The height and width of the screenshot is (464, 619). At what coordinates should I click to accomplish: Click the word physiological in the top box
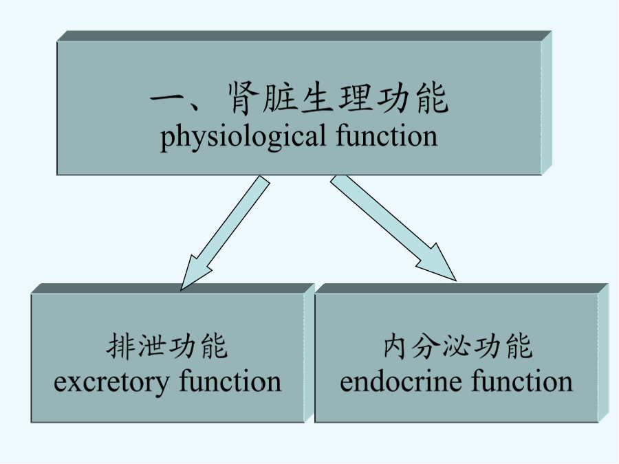[x=243, y=137]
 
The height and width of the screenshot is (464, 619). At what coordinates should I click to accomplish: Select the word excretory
[x=111, y=383]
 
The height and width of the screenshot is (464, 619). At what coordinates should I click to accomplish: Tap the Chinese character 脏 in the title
[x=279, y=98]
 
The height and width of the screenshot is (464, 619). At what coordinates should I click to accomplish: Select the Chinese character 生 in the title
[x=316, y=98]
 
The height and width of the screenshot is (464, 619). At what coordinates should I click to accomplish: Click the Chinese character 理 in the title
[x=354, y=98]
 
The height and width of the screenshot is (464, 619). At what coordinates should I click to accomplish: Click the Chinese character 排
[x=120, y=346]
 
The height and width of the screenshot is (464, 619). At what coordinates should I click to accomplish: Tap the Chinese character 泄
[x=151, y=346]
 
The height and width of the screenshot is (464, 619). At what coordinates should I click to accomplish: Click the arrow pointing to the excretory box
[x=226, y=233]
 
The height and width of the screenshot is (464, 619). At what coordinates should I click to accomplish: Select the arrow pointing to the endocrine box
[x=393, y=228]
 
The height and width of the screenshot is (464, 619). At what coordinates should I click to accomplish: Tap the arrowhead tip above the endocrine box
[x=456, y=280]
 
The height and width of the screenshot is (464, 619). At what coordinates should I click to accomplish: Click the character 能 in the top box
[x=431, y=98]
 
